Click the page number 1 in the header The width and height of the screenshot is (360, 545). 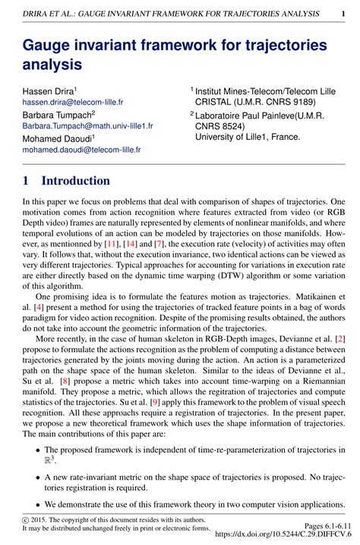point(343,13)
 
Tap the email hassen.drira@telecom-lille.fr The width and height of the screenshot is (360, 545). point(72,101)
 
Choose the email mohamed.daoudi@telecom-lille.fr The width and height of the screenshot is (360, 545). point(81,150)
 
